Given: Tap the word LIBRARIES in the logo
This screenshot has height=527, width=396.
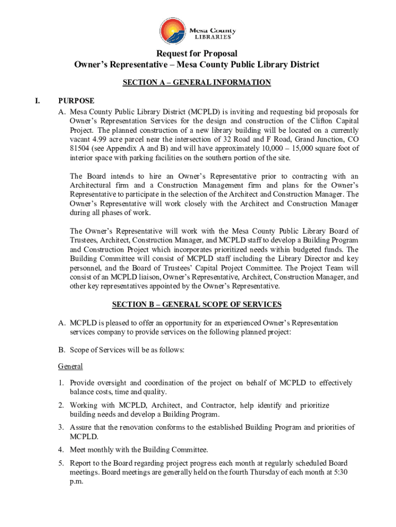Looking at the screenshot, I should click(x=215, y=37).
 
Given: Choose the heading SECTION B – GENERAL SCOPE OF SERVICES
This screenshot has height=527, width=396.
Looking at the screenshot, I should click(x=196, y=305).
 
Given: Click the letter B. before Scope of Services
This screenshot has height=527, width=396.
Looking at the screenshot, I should click(x=62, y=350).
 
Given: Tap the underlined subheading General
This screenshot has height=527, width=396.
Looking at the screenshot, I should click(x=70, y=367).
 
